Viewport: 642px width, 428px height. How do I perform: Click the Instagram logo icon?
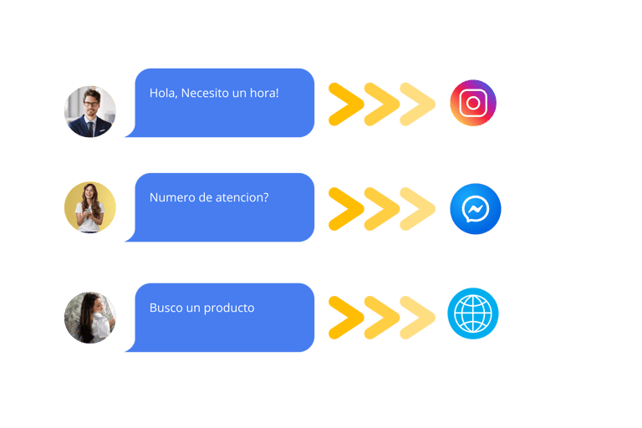pos(473,103)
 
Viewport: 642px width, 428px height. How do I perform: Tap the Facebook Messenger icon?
pos(475,209)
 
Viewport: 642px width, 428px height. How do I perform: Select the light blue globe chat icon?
pos(473,314)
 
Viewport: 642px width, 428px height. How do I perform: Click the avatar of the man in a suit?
pos(89,111)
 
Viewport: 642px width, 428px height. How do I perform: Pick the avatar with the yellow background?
pos(89,207)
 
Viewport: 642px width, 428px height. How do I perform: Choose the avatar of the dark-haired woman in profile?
pos(89,318)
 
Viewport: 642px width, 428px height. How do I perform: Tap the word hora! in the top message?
pos(263,93)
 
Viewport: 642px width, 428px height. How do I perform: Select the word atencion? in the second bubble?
pos(248,197)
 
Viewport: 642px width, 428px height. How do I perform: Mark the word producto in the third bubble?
pos(229,308)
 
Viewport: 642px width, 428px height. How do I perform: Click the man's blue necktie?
pos(90,126)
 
